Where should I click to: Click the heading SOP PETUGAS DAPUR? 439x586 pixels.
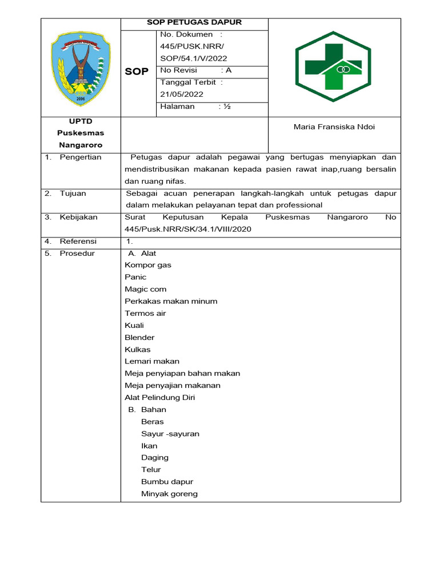[x=194, y=22]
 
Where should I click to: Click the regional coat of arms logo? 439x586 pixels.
[x=80, y=67]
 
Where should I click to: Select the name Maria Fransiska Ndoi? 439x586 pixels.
[x=334, y=126]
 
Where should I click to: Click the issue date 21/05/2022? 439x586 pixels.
[x=182, y=94]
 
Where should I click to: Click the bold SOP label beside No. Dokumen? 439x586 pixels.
[x=137, y=72]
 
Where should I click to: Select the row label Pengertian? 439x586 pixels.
[x=80, y=157]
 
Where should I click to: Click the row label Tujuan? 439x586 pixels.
[x=73, y=193]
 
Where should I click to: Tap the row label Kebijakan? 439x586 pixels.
[x=78, y=217]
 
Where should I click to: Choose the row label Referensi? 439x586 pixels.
[x=78, y=241]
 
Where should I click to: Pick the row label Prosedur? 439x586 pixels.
[x=77, y=254]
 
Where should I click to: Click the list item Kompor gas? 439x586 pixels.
[x=147, y=266]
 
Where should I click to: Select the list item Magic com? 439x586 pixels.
[x=145, y=290]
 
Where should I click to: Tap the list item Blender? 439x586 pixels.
[x=139, y=338]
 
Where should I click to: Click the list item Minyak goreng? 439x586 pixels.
[x=169, y=494]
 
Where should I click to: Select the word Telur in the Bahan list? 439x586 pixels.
[x=151, y=470]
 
